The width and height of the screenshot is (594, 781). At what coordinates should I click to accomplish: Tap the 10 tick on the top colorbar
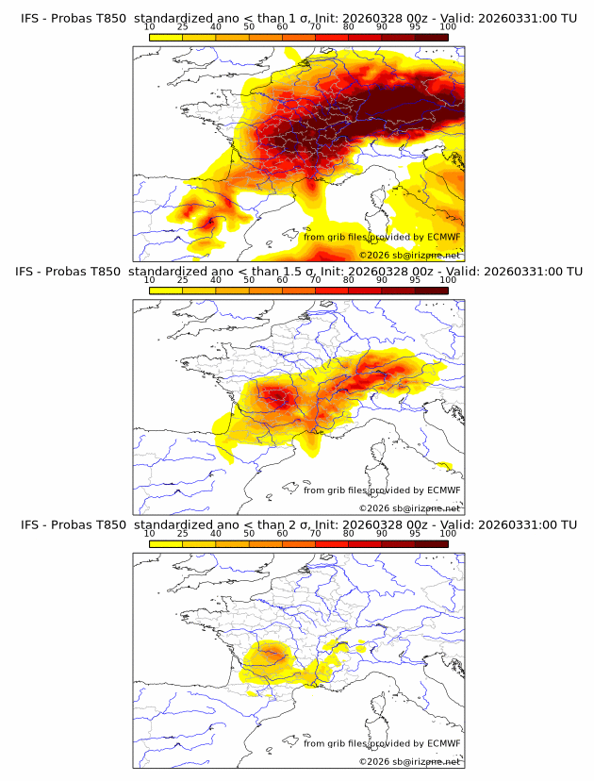(150, 26)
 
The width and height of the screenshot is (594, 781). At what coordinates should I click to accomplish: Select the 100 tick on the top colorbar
(448, 26)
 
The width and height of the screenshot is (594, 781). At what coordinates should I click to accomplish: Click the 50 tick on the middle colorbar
(249, 280)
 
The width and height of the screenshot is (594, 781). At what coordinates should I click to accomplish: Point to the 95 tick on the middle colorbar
(415, 280)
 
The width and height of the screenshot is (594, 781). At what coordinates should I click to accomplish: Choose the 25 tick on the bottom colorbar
(183, 533)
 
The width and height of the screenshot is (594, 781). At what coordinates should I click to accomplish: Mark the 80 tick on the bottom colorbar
(349, 533)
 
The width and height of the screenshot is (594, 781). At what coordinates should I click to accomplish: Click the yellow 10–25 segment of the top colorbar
(166, 37)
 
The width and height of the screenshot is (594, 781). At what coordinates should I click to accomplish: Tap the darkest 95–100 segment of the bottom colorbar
(432, 543)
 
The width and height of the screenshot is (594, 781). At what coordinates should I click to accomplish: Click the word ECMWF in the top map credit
(443, 237)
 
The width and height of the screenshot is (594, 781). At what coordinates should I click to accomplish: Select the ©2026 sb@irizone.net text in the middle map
(409, 508)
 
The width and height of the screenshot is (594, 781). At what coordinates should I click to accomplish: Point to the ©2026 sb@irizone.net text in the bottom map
(409, 761)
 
